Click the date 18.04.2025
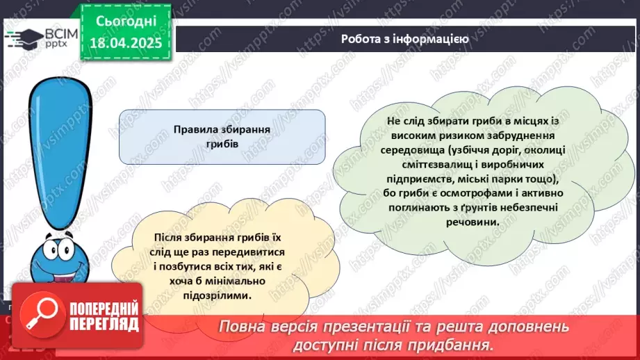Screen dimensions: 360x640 pyautogui.click(x=126, y=43)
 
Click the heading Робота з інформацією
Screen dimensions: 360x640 pyautogui.click(x=404, y=39)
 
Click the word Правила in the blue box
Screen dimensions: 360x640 pyautogui.click(x=197, y=129)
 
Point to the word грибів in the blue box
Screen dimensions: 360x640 pyautogui.click(x=222, y=145)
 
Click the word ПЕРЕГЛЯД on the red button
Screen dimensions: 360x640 pyautogui.click(x=95, y=324)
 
